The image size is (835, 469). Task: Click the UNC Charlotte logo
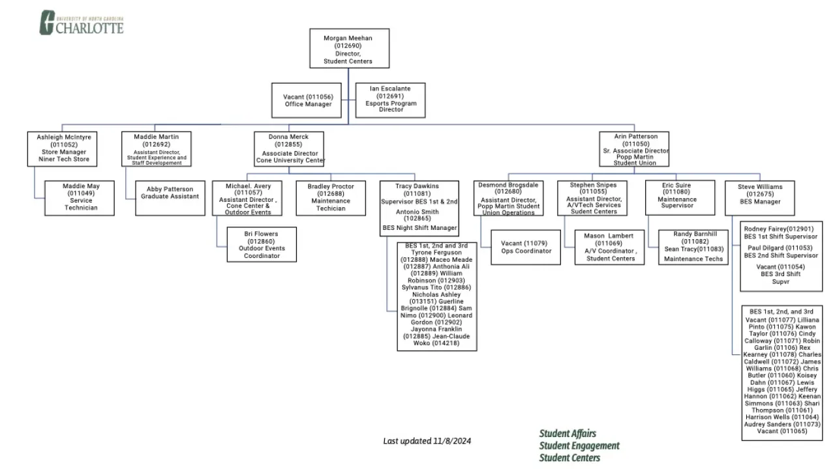[82, 22]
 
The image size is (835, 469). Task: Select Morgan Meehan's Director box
[349, 48]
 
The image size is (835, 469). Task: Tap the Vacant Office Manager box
[307, 100]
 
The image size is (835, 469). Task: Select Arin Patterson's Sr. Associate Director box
[634, 149]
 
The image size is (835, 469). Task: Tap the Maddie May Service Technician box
[81, 197]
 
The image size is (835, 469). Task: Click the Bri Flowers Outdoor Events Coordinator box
[261, 244]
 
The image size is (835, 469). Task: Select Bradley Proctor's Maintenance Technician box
[331, 197]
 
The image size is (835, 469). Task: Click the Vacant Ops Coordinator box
[526, 247]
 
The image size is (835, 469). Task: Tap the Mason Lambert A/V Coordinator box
[609, 247]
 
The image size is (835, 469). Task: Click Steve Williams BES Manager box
[760, 197]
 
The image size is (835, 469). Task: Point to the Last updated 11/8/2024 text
[427, 441]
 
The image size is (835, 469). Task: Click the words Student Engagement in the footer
[579, 446]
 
